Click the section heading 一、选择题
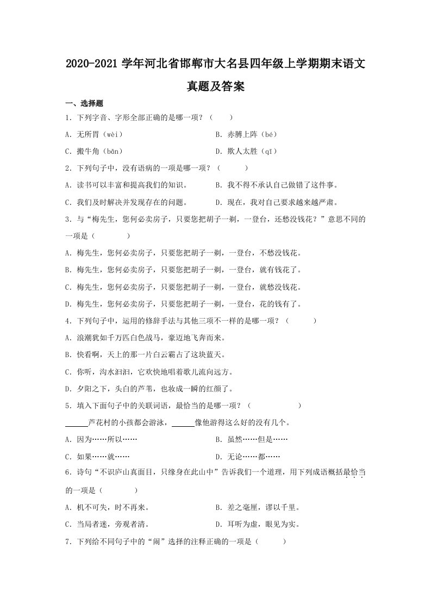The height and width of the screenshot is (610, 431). coord(84,103)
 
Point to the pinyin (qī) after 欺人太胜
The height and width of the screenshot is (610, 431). coord(268,151)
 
